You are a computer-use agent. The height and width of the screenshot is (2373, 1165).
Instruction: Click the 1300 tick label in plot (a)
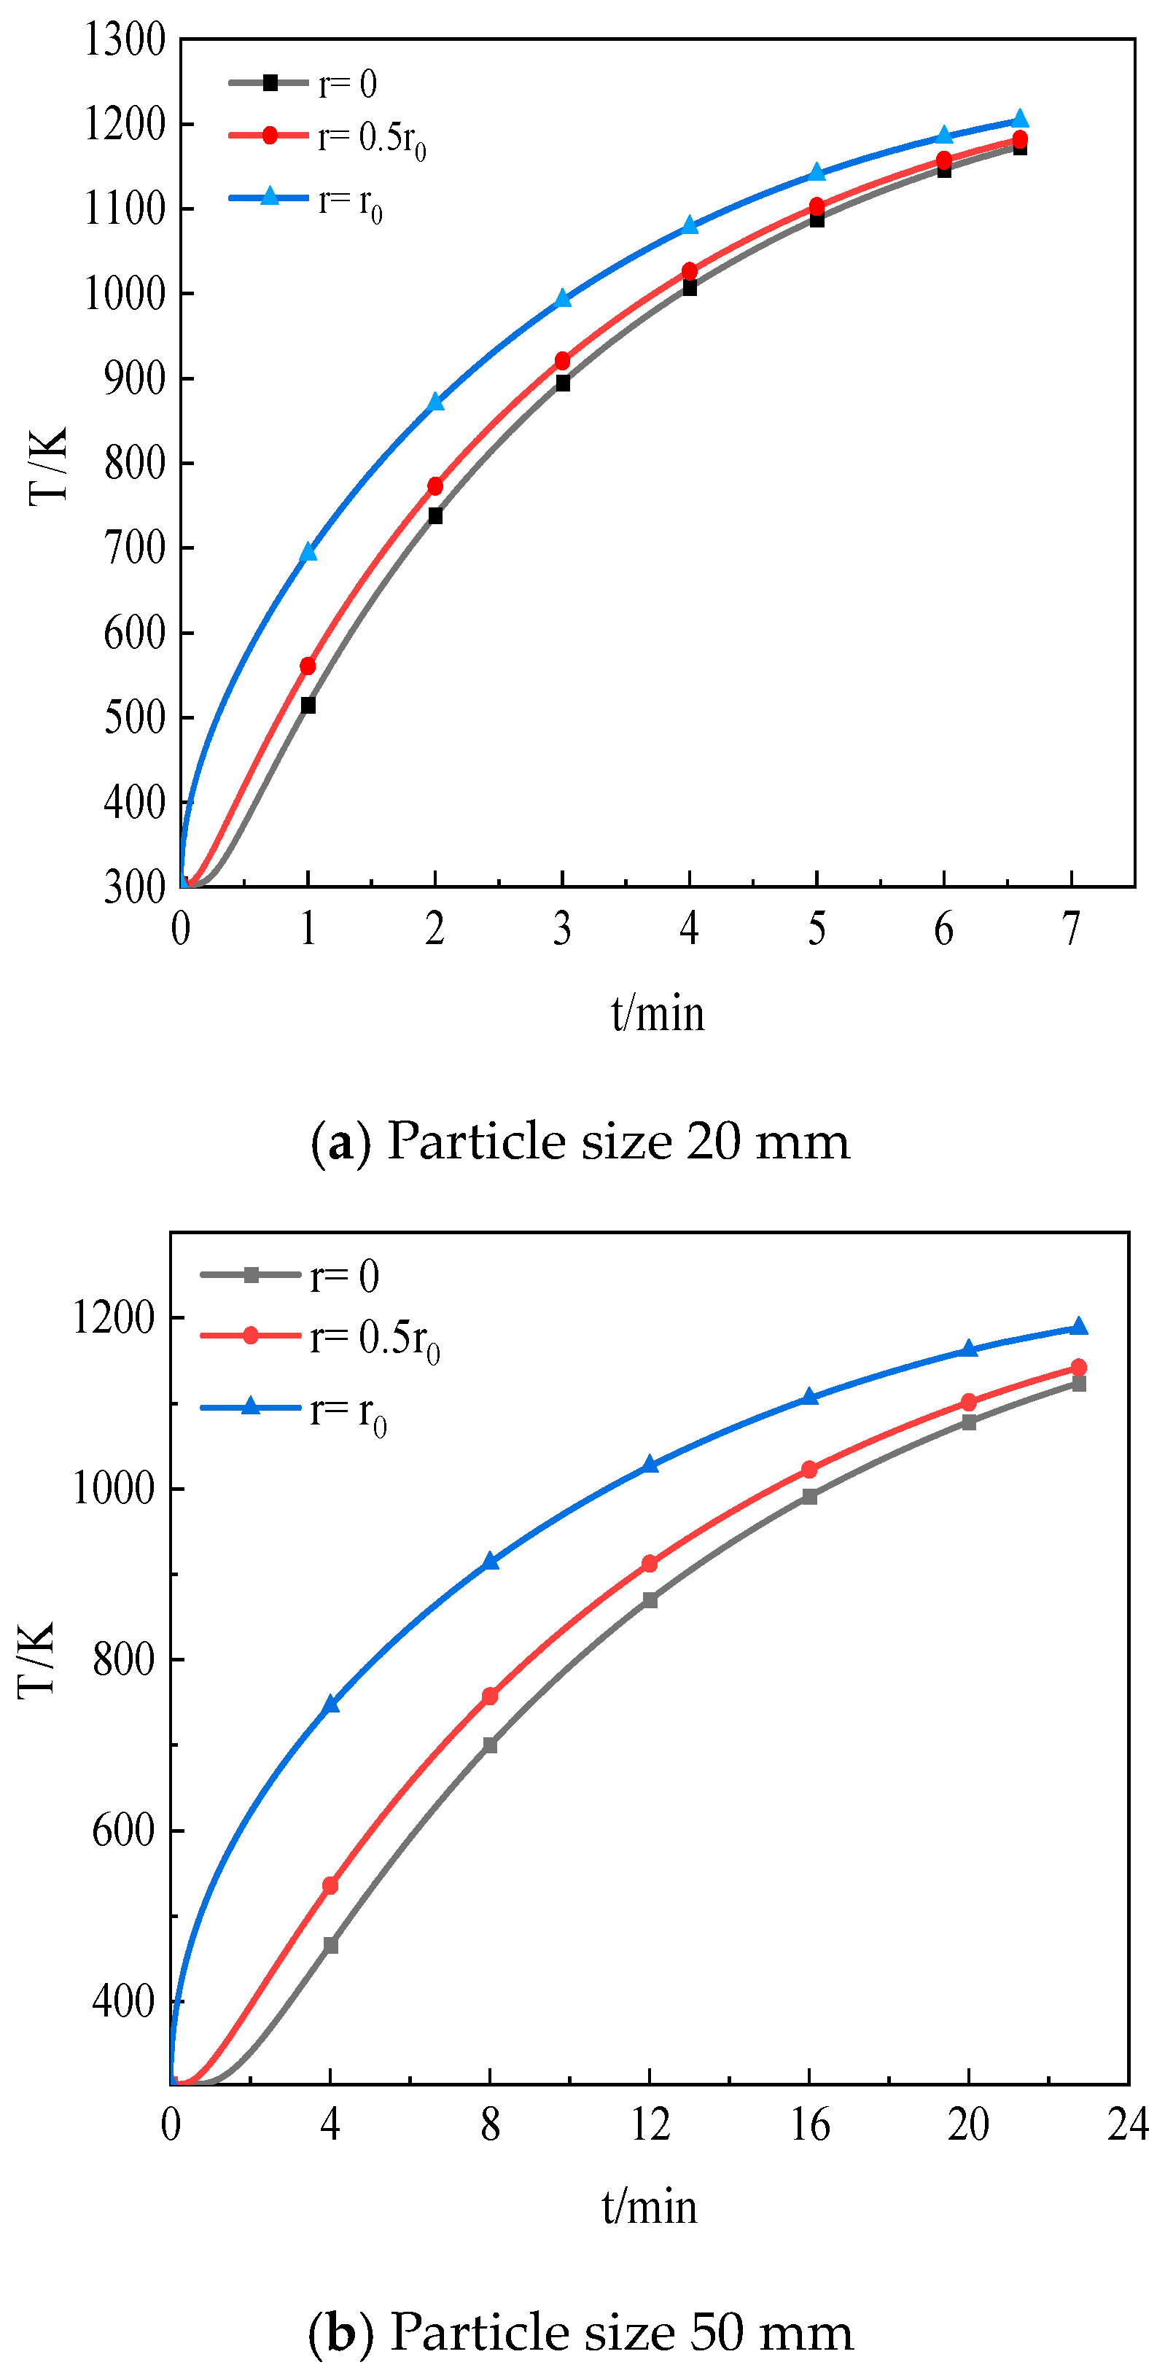125,41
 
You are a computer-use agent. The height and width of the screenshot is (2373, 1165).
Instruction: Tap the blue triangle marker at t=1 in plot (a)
308,552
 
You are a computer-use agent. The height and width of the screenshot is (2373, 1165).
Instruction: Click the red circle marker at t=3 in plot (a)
563,360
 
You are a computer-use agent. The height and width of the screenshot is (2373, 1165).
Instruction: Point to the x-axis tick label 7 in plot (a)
1071,929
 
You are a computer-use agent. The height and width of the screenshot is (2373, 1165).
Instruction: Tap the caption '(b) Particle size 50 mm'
580,2331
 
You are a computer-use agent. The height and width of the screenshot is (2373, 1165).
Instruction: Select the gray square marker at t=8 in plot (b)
490,1745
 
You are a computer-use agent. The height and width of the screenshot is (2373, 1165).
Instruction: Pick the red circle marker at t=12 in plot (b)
650,1563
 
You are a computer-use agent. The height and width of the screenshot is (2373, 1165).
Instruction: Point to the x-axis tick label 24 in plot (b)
1128,2124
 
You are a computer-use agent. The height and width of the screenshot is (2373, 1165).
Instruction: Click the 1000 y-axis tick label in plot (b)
113,1488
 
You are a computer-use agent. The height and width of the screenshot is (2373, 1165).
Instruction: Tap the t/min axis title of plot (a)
658,1013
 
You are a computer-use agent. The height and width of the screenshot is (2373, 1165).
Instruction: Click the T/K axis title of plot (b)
37,1658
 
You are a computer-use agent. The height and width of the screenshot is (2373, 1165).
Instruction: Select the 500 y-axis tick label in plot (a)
134,717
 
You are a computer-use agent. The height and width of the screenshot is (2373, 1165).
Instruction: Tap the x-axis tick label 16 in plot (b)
809,2124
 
